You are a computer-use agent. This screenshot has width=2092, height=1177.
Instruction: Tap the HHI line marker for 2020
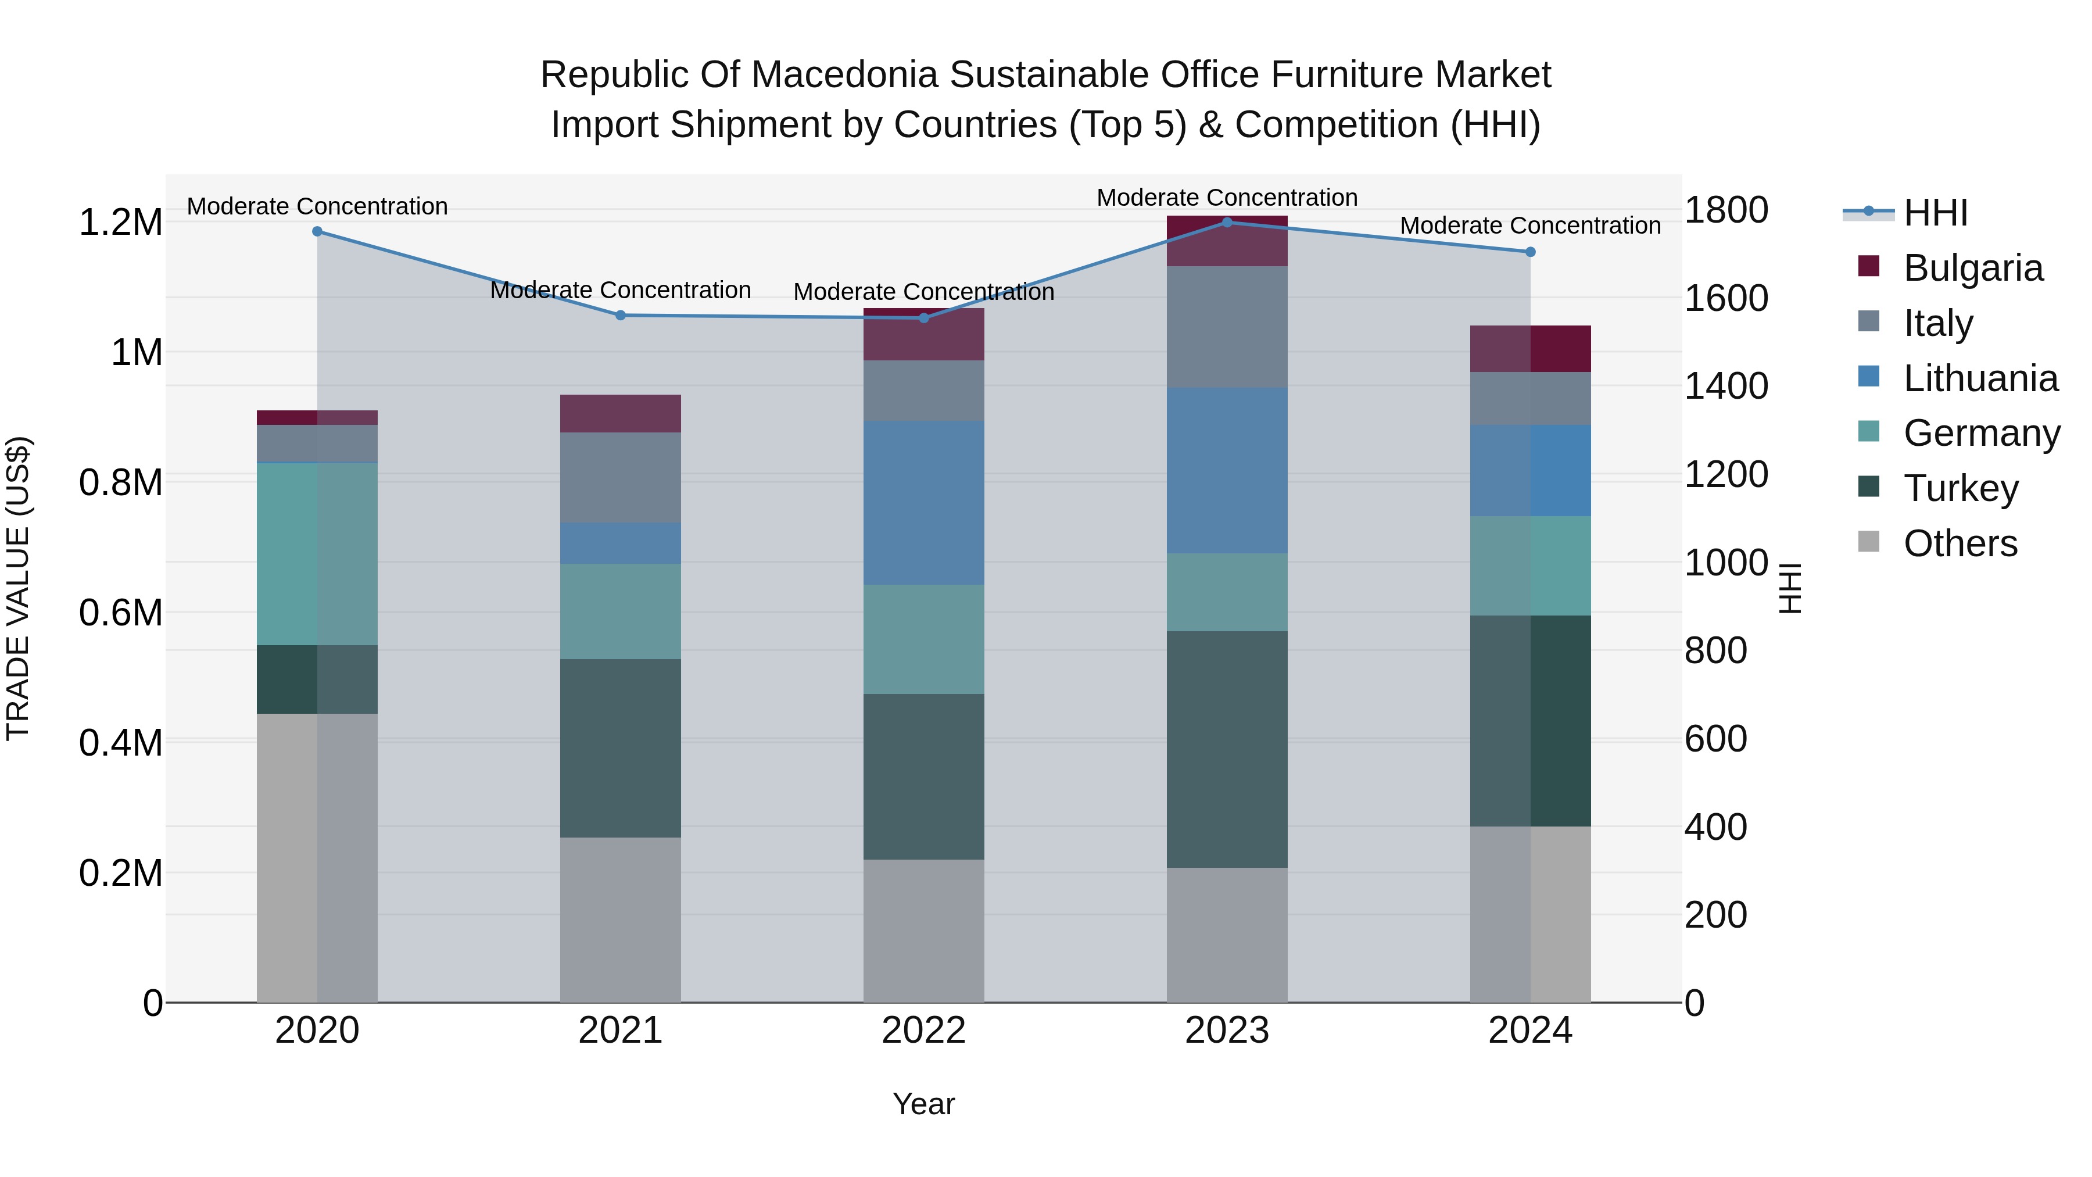pos(317,231)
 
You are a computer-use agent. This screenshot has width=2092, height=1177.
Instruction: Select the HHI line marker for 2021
pos(621,315)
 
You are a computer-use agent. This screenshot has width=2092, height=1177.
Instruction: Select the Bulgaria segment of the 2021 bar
pos(621,413)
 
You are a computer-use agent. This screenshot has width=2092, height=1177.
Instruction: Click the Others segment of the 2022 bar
pos(923,931)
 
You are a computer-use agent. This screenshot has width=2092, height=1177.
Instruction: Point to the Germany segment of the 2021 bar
pos(621,611)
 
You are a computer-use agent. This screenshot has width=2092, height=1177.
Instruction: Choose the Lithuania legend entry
pos(1980,378)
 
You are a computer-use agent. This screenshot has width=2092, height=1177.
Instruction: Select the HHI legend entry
pos(1935,213)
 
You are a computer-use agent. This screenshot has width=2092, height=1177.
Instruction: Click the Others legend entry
pos(1960,543)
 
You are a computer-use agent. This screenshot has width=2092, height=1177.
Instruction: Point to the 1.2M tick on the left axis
pos(120,223)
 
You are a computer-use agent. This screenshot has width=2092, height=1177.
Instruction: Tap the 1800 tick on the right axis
pos(1726,210)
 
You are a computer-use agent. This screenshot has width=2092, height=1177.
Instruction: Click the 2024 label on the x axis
pos(1530,1031)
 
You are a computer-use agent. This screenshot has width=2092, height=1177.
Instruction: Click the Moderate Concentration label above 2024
pos(1530,226)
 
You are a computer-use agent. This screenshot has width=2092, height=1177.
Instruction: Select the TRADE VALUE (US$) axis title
pos(18,588)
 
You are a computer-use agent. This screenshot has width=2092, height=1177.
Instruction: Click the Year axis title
pos(923,1104)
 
